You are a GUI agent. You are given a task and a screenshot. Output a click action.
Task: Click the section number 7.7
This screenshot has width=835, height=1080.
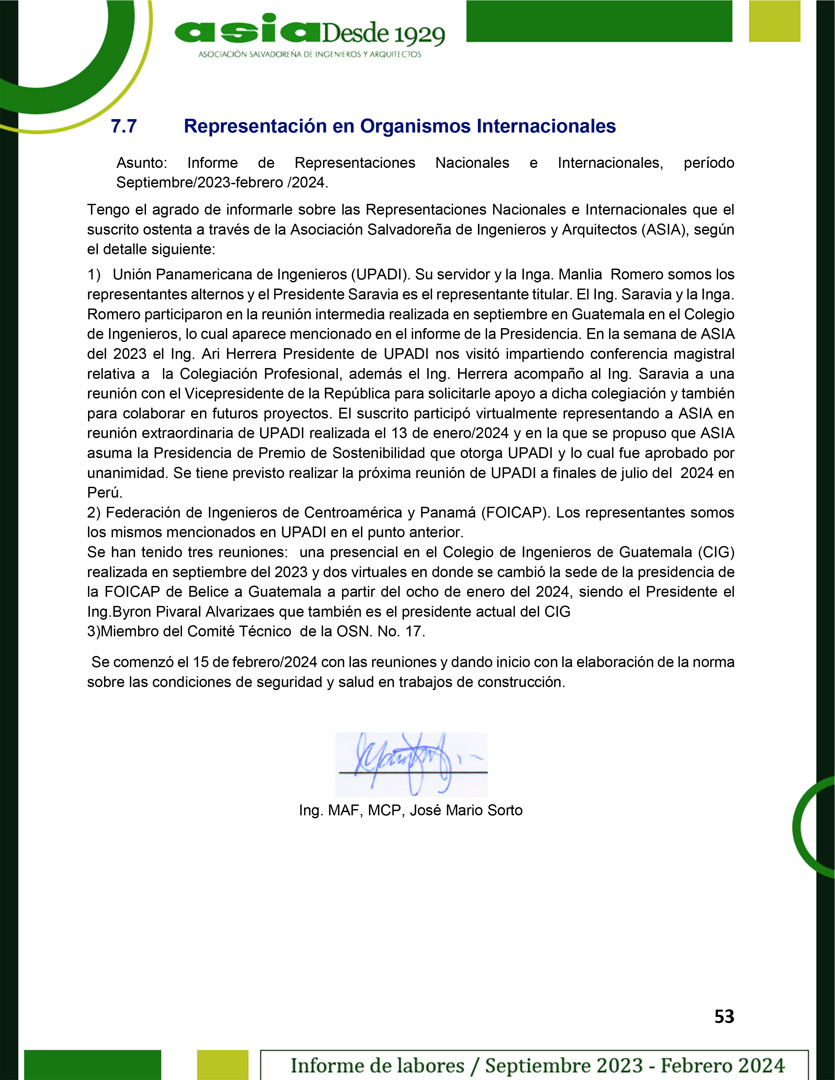pos(124,127)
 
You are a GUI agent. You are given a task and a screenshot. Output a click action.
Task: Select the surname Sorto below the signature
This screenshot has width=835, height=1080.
pos(504,810)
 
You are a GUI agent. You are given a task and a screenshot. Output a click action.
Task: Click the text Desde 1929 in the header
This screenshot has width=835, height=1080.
pos(383,33)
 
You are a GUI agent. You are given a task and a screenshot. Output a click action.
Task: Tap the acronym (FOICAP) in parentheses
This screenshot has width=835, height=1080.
pos(516,512)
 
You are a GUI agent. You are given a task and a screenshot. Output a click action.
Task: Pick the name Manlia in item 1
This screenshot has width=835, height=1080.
pos(580,274)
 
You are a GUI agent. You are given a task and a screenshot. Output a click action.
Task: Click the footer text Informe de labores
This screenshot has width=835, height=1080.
pos(377,1065)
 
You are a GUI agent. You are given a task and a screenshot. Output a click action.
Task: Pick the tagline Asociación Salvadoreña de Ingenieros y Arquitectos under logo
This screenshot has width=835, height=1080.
pos(310,54)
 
